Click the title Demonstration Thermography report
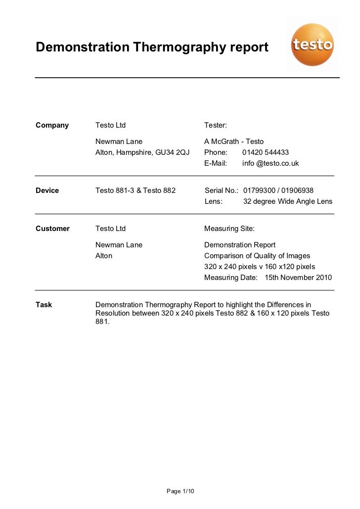coord(152,47)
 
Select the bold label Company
coord(52,125)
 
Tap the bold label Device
coord(47,190)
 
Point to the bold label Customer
coord(52,229)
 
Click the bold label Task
coord(44,305)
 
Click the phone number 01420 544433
coord(266,152)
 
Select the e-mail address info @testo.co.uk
coord(270,163)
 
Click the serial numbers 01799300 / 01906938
coord(278,190)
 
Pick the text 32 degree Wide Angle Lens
coord(288,201)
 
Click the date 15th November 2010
coord(298,278)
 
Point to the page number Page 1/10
coord(180,491)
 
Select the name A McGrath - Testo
coord(234,141)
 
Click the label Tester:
coord(215,125)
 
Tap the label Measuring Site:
coord(229,229)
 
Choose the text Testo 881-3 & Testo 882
coord(135,190)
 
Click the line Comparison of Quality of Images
coord(257,256)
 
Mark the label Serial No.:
coord(222,190)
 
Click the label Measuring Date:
coord(231,278)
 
